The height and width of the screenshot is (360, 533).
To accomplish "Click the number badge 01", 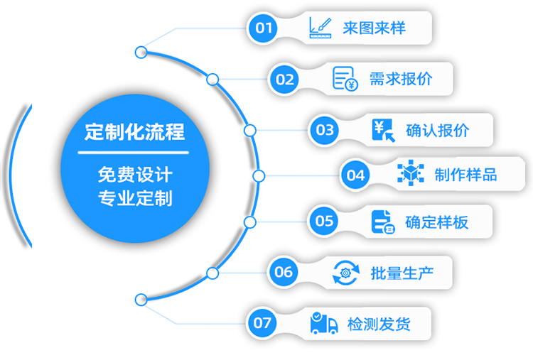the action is point(263,28).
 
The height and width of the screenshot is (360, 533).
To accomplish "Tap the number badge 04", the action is point(355,175).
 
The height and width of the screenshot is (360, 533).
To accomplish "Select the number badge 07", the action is point(262,323).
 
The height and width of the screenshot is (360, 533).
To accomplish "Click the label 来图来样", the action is point(374,28).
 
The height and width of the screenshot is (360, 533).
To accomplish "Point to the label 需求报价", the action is point(401,79).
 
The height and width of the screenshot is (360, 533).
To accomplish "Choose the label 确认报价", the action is point(438,131).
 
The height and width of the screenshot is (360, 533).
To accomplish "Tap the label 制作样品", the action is point(465,175).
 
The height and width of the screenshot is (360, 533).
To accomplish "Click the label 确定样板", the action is point(437,222).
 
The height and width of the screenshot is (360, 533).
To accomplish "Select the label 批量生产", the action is point(402,273).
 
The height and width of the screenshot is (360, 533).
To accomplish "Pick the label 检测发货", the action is point(379,324).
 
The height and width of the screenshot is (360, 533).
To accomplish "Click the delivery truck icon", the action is point(324,323).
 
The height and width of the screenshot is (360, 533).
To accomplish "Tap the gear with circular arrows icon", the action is point(345,273).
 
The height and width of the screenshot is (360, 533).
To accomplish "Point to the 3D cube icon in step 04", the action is point(411,173).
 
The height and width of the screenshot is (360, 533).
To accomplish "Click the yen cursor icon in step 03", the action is point(384,130).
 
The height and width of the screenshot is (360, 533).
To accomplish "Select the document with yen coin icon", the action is point(345,79).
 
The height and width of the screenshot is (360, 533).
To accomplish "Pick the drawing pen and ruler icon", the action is point(321,28).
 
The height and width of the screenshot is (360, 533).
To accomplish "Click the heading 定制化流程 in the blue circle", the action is point(134,132).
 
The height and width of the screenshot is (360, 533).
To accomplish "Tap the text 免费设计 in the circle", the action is point(135,175).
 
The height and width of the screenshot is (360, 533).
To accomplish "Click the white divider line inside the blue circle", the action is point(134,153).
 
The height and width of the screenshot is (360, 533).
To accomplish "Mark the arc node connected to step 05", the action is point(250,222).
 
